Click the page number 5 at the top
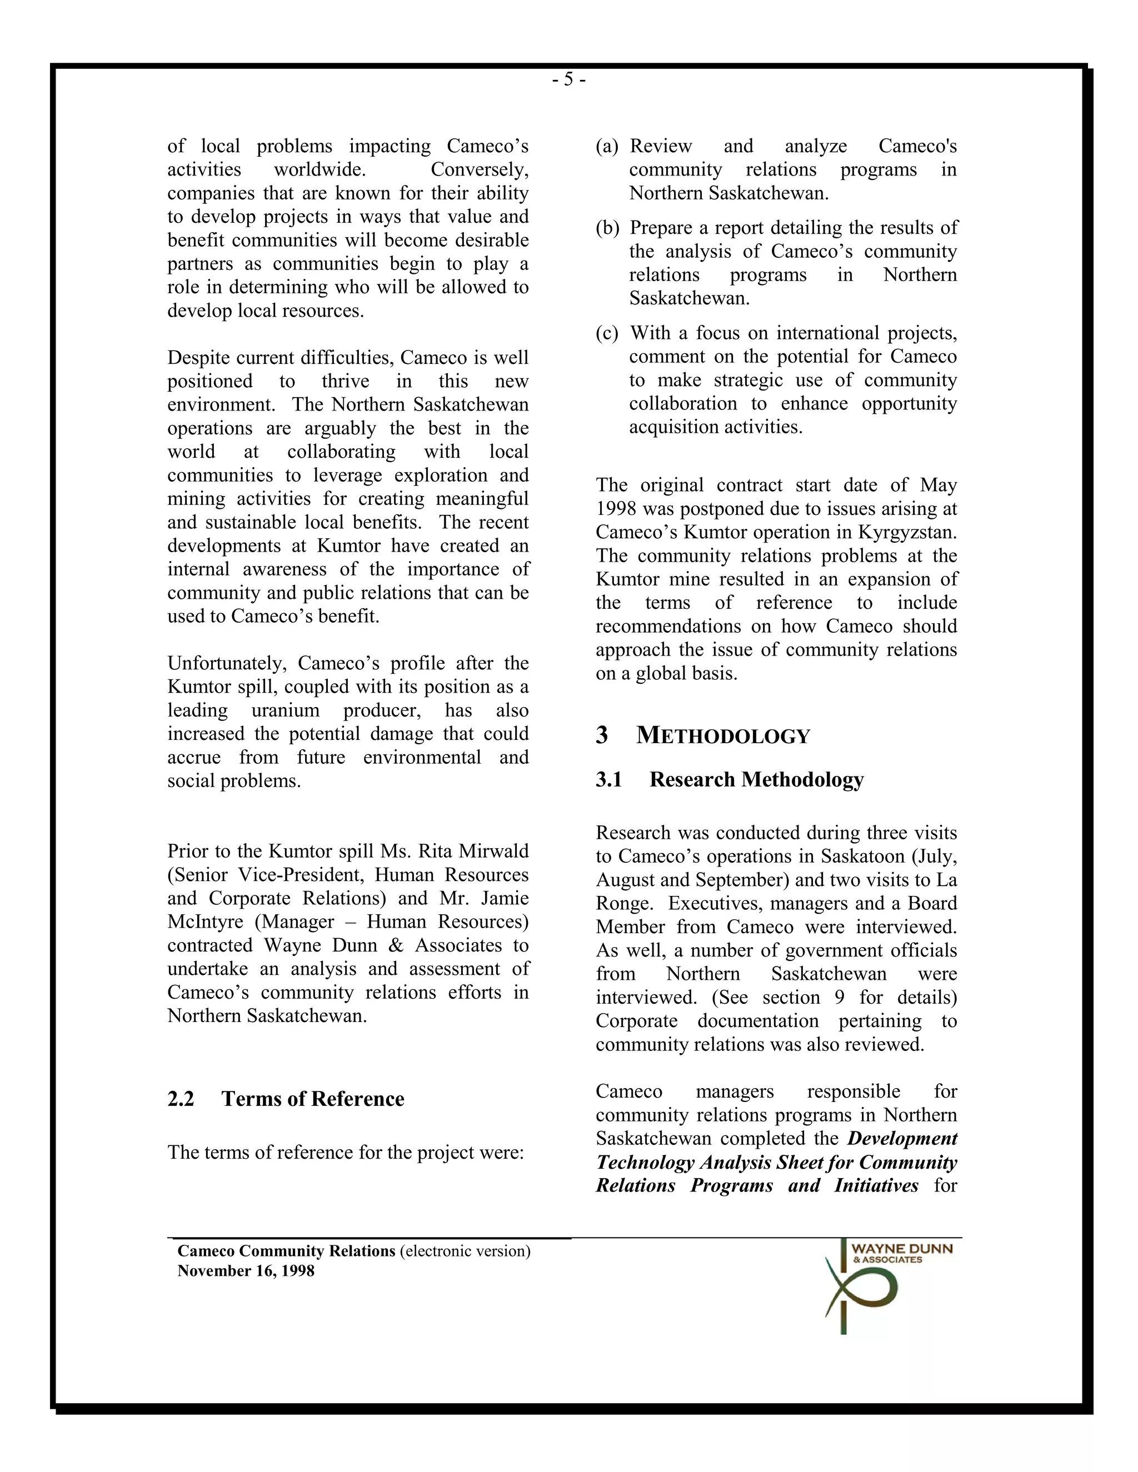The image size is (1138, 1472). pyautogui.click(x=568, y=80)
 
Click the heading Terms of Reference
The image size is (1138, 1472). pyautogui.click(x=312, y=1099)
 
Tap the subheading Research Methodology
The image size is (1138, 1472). pyautogui.click(x=756, y=779)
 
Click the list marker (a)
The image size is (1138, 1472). pyautogui.click(x=607, y=146)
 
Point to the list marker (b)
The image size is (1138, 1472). pyautogui.click(x=607, y=228)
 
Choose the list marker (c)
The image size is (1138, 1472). pyautogui.click(x=607, y=333)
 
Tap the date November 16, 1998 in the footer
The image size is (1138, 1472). pyautogui.click(x=246, y=1270)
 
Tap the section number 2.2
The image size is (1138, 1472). pyautogui.click(x=181, y=1099)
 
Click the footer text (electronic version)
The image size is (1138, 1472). pyautogui.click(x=465, y=1251)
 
